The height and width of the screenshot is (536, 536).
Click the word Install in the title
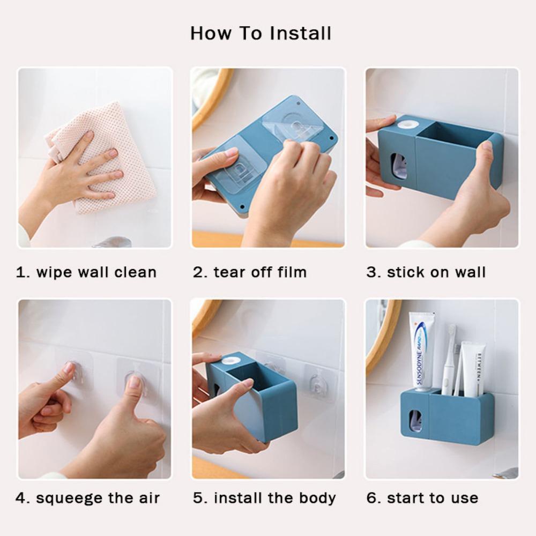tap(301, 33)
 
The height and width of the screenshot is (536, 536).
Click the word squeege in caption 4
tap(69, 498)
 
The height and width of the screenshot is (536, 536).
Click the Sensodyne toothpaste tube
tap(421, 352)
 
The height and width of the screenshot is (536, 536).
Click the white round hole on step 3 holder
tap(407, 124)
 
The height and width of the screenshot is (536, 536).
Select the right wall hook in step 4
tap(136, 382)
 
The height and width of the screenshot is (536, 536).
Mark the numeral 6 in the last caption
tap(371, 498)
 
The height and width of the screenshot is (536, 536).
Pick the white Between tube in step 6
tap(474, 369)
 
